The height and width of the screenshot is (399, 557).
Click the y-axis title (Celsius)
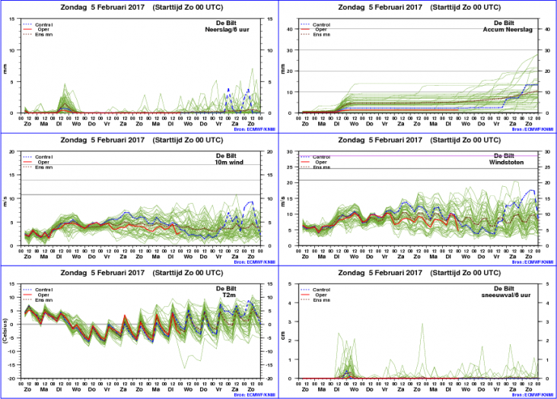click(6, 331)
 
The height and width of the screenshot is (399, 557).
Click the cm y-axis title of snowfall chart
click(283, 331)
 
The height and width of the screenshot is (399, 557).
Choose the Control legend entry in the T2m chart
click(46, 290)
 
